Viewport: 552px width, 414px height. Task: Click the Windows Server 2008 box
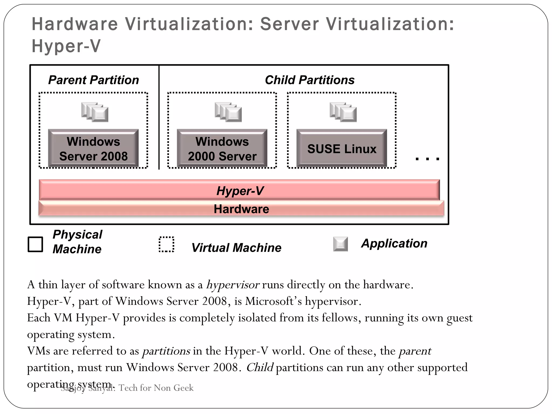[93, 149]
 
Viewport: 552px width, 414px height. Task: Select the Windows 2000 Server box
[222, 149]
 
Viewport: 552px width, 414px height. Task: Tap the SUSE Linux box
[341, 149]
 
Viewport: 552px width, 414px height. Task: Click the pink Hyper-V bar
[239, 190]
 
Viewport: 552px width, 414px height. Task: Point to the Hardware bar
[241, 209]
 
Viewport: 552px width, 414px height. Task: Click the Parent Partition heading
[94, 80]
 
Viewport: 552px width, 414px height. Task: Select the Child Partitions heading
[309, 80]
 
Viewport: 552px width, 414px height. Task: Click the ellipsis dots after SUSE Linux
[427, 159]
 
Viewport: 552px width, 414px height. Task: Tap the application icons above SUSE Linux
[343, 112]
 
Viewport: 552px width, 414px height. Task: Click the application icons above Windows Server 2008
[95, 112]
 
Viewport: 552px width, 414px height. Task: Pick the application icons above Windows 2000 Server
[228, 112]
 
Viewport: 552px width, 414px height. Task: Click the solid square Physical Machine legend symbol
[35, 244]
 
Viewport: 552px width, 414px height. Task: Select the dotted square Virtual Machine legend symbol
[166, 244]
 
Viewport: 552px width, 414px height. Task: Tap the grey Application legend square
[340, 244]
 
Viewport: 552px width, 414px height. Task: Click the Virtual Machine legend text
[236, 247]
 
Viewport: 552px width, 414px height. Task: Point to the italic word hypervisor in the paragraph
[233, 285]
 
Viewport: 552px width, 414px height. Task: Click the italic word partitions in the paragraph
[166, 351]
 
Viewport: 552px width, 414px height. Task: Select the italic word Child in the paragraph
[260, 367]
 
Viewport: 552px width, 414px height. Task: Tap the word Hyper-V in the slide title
[66, 46]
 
